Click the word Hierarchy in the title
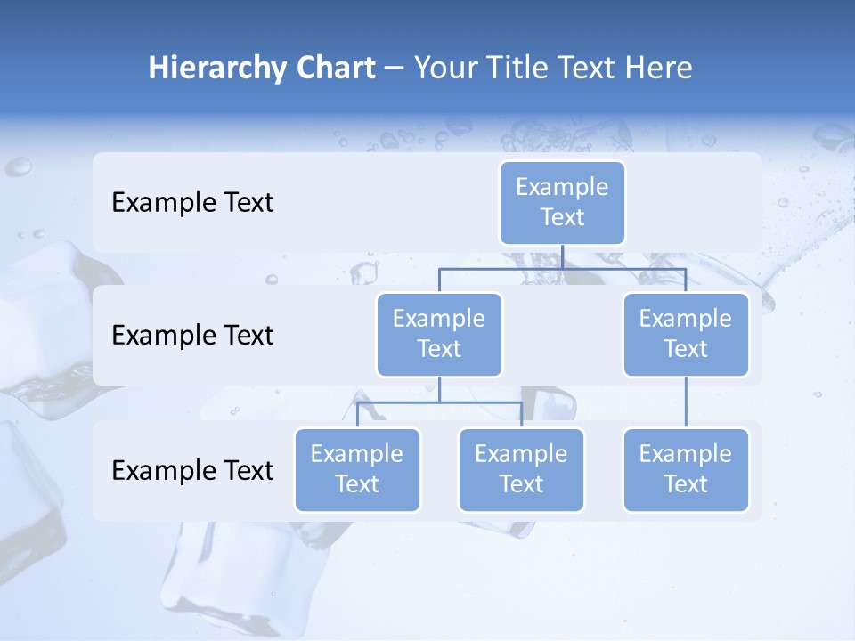(214, 69)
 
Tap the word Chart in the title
(331, 69)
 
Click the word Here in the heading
(657, 69)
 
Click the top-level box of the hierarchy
(562, 203)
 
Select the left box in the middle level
(439, 335)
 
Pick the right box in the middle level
(686, 335)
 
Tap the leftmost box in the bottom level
(357, 470)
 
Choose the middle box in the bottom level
(521, 470)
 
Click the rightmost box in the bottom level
(686, 470)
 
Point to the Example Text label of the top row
(192, 203)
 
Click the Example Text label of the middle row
(192, 336)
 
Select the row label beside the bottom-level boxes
(192, 470)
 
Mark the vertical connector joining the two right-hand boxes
(686, 402)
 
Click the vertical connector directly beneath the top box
(562, 256)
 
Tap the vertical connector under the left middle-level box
(439, 390)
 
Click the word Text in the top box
(562, 217)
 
